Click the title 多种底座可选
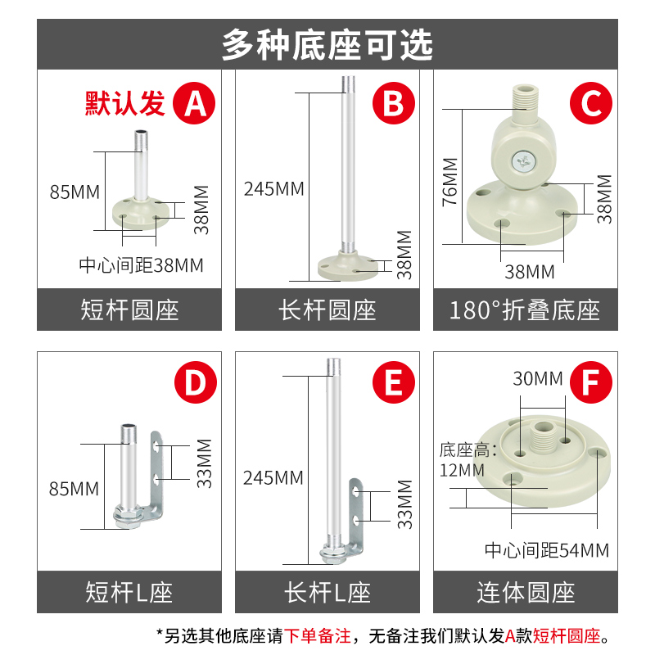tap(327, 45)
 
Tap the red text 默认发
tap(125, 102)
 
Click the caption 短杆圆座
tap(129, 310)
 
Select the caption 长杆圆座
tap(327, 310)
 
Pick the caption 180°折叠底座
tap(525, 310)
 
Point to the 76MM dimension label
tap(449, 182)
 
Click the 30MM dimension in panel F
tap(538, 378)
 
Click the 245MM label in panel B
tap(273, 189)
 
